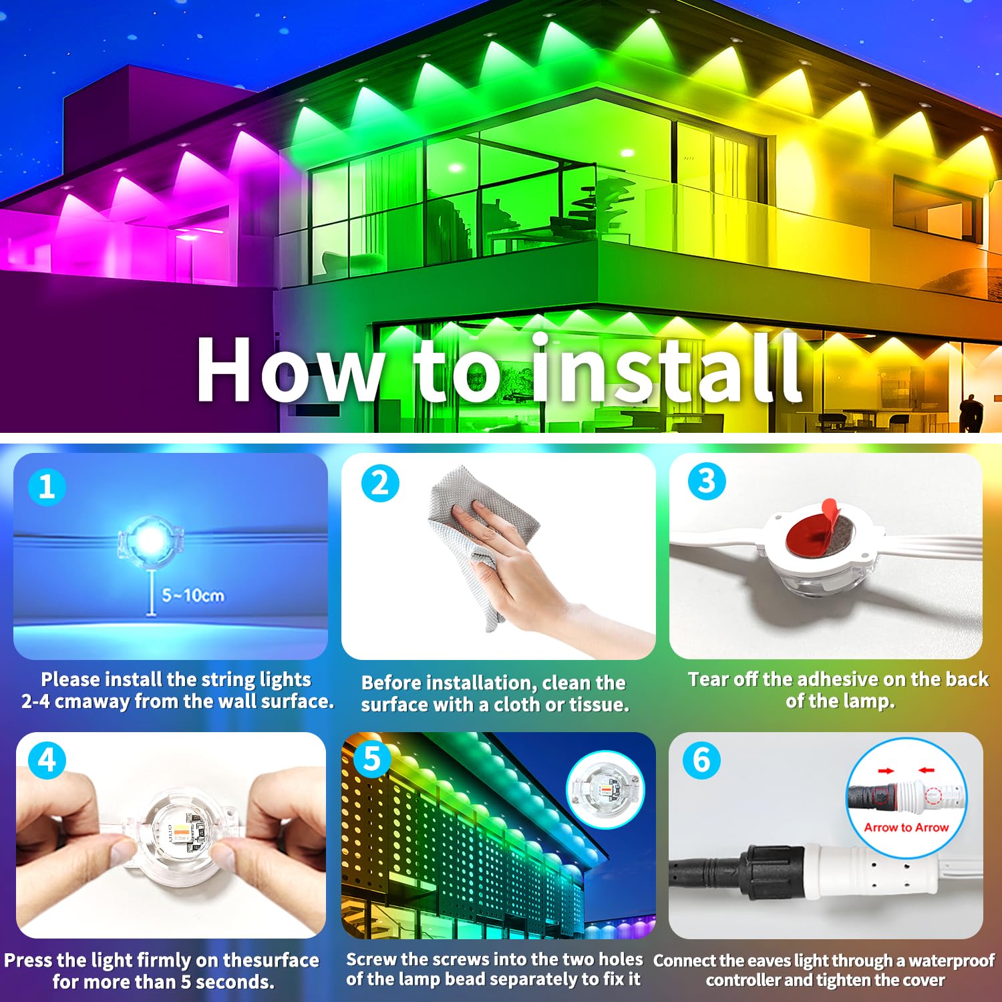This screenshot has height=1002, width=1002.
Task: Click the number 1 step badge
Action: click(47, 486)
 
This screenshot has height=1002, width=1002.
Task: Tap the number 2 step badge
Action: click(380, 483)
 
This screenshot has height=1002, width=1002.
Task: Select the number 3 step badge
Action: click(707, 481)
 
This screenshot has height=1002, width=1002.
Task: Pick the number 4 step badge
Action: click(47, 760)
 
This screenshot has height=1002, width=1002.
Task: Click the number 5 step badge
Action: click(372, 759)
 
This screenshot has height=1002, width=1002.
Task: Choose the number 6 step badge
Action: click(701, 760)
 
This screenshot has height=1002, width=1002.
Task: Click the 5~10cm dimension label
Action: click(192, 595)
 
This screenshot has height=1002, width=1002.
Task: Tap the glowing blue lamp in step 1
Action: click(150, 540)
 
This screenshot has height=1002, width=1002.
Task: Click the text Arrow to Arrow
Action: click(906, 827)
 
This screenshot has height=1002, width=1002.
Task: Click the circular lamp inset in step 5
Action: click(605, 790)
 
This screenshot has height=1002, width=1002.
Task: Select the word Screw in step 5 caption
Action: click(371, 959)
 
